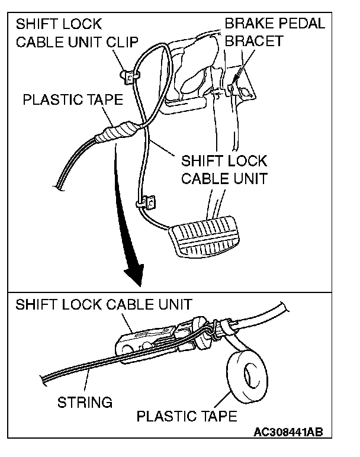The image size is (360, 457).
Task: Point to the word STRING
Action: click(85, 403)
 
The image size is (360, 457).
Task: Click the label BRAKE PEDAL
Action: click(275, 25)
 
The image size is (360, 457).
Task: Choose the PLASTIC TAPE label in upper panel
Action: click(73, 99)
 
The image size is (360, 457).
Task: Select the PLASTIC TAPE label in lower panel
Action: click(187, 416)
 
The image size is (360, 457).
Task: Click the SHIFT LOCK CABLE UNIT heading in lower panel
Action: click(104, 305)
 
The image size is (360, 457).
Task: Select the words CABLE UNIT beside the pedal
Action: click(224, 179)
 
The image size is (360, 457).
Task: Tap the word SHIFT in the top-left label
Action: click(36, 25)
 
